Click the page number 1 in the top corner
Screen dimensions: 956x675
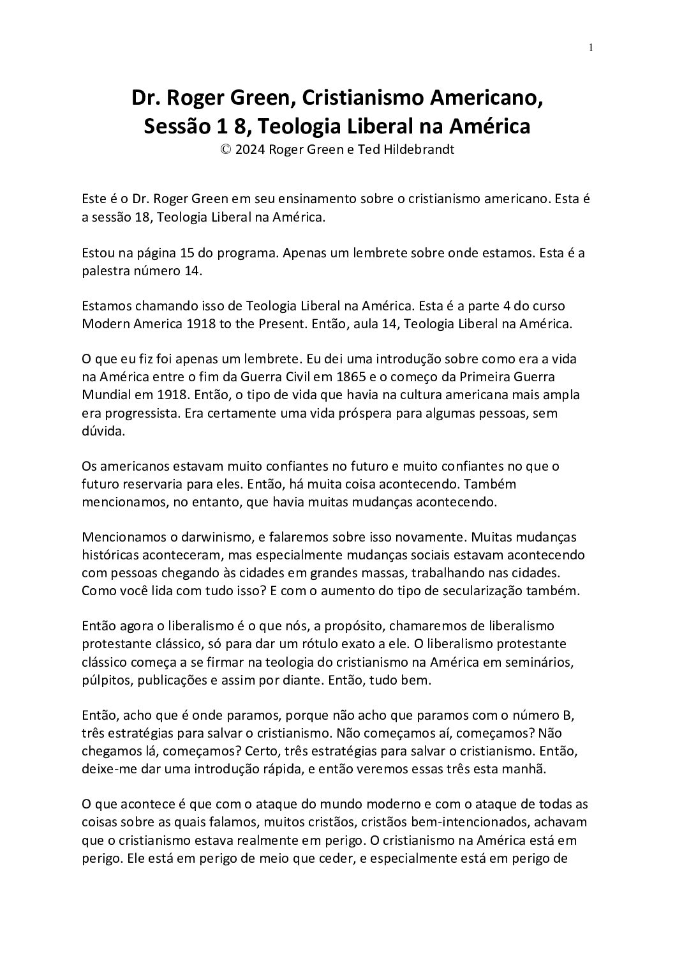[591, 47]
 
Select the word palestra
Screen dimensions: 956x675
[105, 271]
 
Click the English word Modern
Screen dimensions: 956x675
[104, 324]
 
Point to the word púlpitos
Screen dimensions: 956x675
[105, 680]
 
